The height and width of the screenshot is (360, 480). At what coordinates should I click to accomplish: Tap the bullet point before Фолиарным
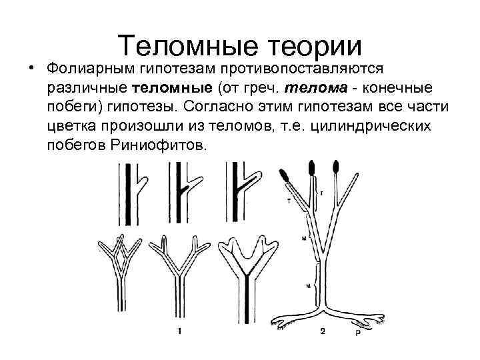31,69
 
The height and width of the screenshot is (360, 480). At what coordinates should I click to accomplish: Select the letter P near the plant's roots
357,331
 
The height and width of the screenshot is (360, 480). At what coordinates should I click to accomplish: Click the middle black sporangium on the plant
311,168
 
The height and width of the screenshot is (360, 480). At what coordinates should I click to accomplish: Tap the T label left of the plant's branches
289,199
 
